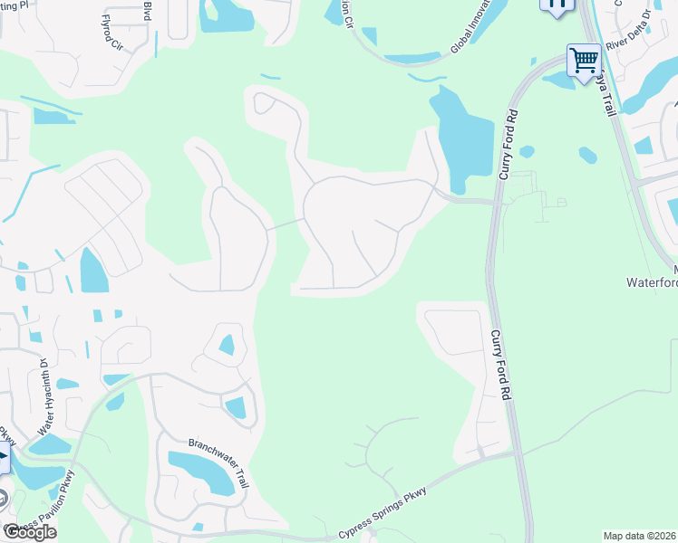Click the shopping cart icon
click(585, 61)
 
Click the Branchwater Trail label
click(218, 462)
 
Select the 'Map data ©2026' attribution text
click(640, 536)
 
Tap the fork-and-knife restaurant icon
click(557, 4)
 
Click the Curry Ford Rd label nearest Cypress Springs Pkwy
click(500, 365)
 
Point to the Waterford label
click(653, 282)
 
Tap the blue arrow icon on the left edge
click(4, 456)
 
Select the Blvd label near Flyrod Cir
click(147, 10)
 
